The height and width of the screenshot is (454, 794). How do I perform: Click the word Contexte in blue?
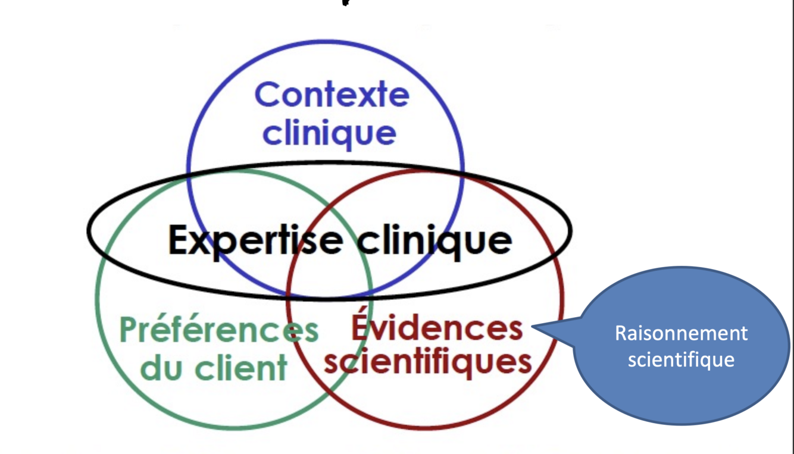[x=332, y=95]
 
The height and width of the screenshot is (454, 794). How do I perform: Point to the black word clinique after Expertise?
[x=434, y=241]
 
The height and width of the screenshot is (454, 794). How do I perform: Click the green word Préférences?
[x=219, y=330]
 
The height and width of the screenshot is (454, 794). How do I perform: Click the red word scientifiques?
[x=427, y=361]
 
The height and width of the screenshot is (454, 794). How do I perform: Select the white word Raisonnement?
[x=681, y=333]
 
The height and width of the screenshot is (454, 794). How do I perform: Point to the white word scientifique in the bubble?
[x=681, y=359]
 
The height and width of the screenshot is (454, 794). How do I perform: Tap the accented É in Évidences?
[x=360, y=324]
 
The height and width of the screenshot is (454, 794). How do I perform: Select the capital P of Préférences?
[x=129, y=330]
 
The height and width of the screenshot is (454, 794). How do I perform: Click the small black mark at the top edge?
[x=345, y=2]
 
